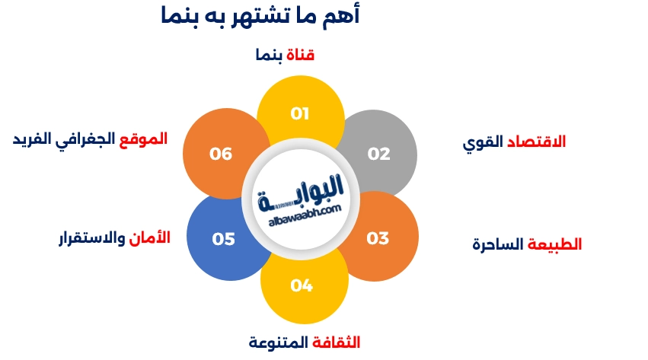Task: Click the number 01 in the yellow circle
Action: tap(300, 113)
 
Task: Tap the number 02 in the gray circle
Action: tap(378, 154)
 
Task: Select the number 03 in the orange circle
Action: tap(378, 238)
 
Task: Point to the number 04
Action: tap(302, 285)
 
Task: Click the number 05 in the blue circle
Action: tap(224, 239)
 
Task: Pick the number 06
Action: tap(221, 154)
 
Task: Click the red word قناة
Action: tap(301, 55)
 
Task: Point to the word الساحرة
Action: tap(499, 244)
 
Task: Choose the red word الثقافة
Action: tap(337, 342)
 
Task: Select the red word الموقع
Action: tap(145, 139)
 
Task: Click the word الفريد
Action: tap(32, 139)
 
